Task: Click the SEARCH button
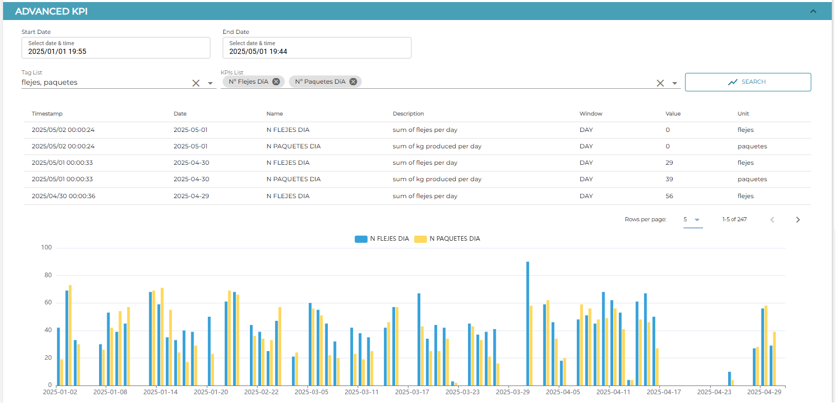[x=748, y=82]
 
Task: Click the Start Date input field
[x=115, y=48]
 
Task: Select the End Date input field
[x=317, y=48]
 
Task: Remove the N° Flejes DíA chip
[x=276, y=82]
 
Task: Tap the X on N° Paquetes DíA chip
[x=353, y=82]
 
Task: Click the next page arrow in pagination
[x=798, y=220]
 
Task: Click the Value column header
[x=673, y=113]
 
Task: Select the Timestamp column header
[x=47, y=113]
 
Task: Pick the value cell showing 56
[x=669, y=196]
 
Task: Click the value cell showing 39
[x=669, y=179]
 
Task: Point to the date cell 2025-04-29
[x=191, y=196]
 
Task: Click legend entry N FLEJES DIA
[x=382, y=239]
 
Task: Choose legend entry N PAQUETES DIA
[x=447, y=239]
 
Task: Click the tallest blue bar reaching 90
[x=528, y=323]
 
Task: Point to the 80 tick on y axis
[x=48, y=275]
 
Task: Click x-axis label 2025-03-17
[x=412, y=392]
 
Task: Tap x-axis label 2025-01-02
[x=60, y=392]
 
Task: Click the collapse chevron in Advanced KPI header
[x=813, y=11]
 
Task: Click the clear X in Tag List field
[x=196, y=83]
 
